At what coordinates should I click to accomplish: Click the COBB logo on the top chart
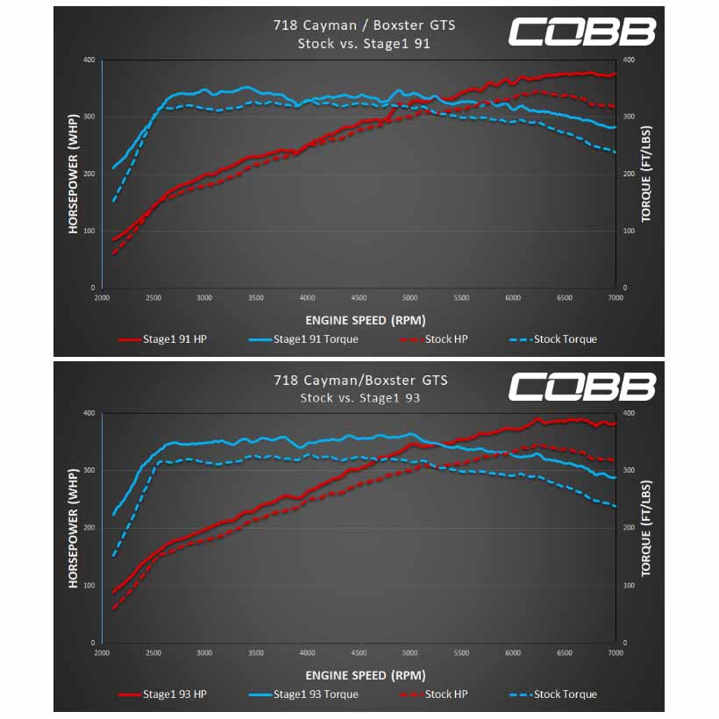pyautogui.click(x=582, y=32)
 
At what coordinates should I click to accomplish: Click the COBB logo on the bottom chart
pyautogui.click(x=582, y=386)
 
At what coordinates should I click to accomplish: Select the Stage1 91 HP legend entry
pyautogui.click(x=163, y=339)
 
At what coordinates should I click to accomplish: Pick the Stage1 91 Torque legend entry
pyautogui.click(x=303, y=339)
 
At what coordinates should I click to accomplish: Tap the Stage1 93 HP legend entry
pyautogui.click(x=163, y=694)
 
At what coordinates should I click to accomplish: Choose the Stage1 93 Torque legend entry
pyautogui.click(x=303, y=694)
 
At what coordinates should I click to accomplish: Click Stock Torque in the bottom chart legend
pyautogui.click(x=553, y=694)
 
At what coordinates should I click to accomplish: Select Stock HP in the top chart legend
pyautogui.click(x=434, y=339)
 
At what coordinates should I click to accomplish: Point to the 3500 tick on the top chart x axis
pyautogui.click(x=256, y=298)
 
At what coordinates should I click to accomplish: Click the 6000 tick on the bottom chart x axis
pyautogui.click(x=513, y=653)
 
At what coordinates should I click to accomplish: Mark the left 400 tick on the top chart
pyautogui.click(x=89, y=61)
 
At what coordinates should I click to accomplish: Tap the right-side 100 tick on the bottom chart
pyautogui.click(x=629, y=586)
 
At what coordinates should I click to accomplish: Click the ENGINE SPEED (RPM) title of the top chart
pyautogui.click(x=366, y=320)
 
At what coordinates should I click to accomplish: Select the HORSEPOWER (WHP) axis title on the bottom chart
pyautogui.click(x=73, y=528)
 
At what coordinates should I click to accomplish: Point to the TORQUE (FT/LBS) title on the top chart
pyautogui.click(x=646, y=174)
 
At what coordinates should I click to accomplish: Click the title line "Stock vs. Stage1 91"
pyautogui.click(x=364, y=44)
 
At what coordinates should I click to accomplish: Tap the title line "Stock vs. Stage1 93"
pyautogui.click(x=360, y=398)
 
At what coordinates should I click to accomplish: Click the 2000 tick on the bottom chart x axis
pyautogui.click(x=102, y=653)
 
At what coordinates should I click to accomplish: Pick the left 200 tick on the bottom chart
pyautogui.click(x=89, y=528)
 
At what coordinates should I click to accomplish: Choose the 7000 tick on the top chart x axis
pyautogui.click(x=616, y=298)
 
